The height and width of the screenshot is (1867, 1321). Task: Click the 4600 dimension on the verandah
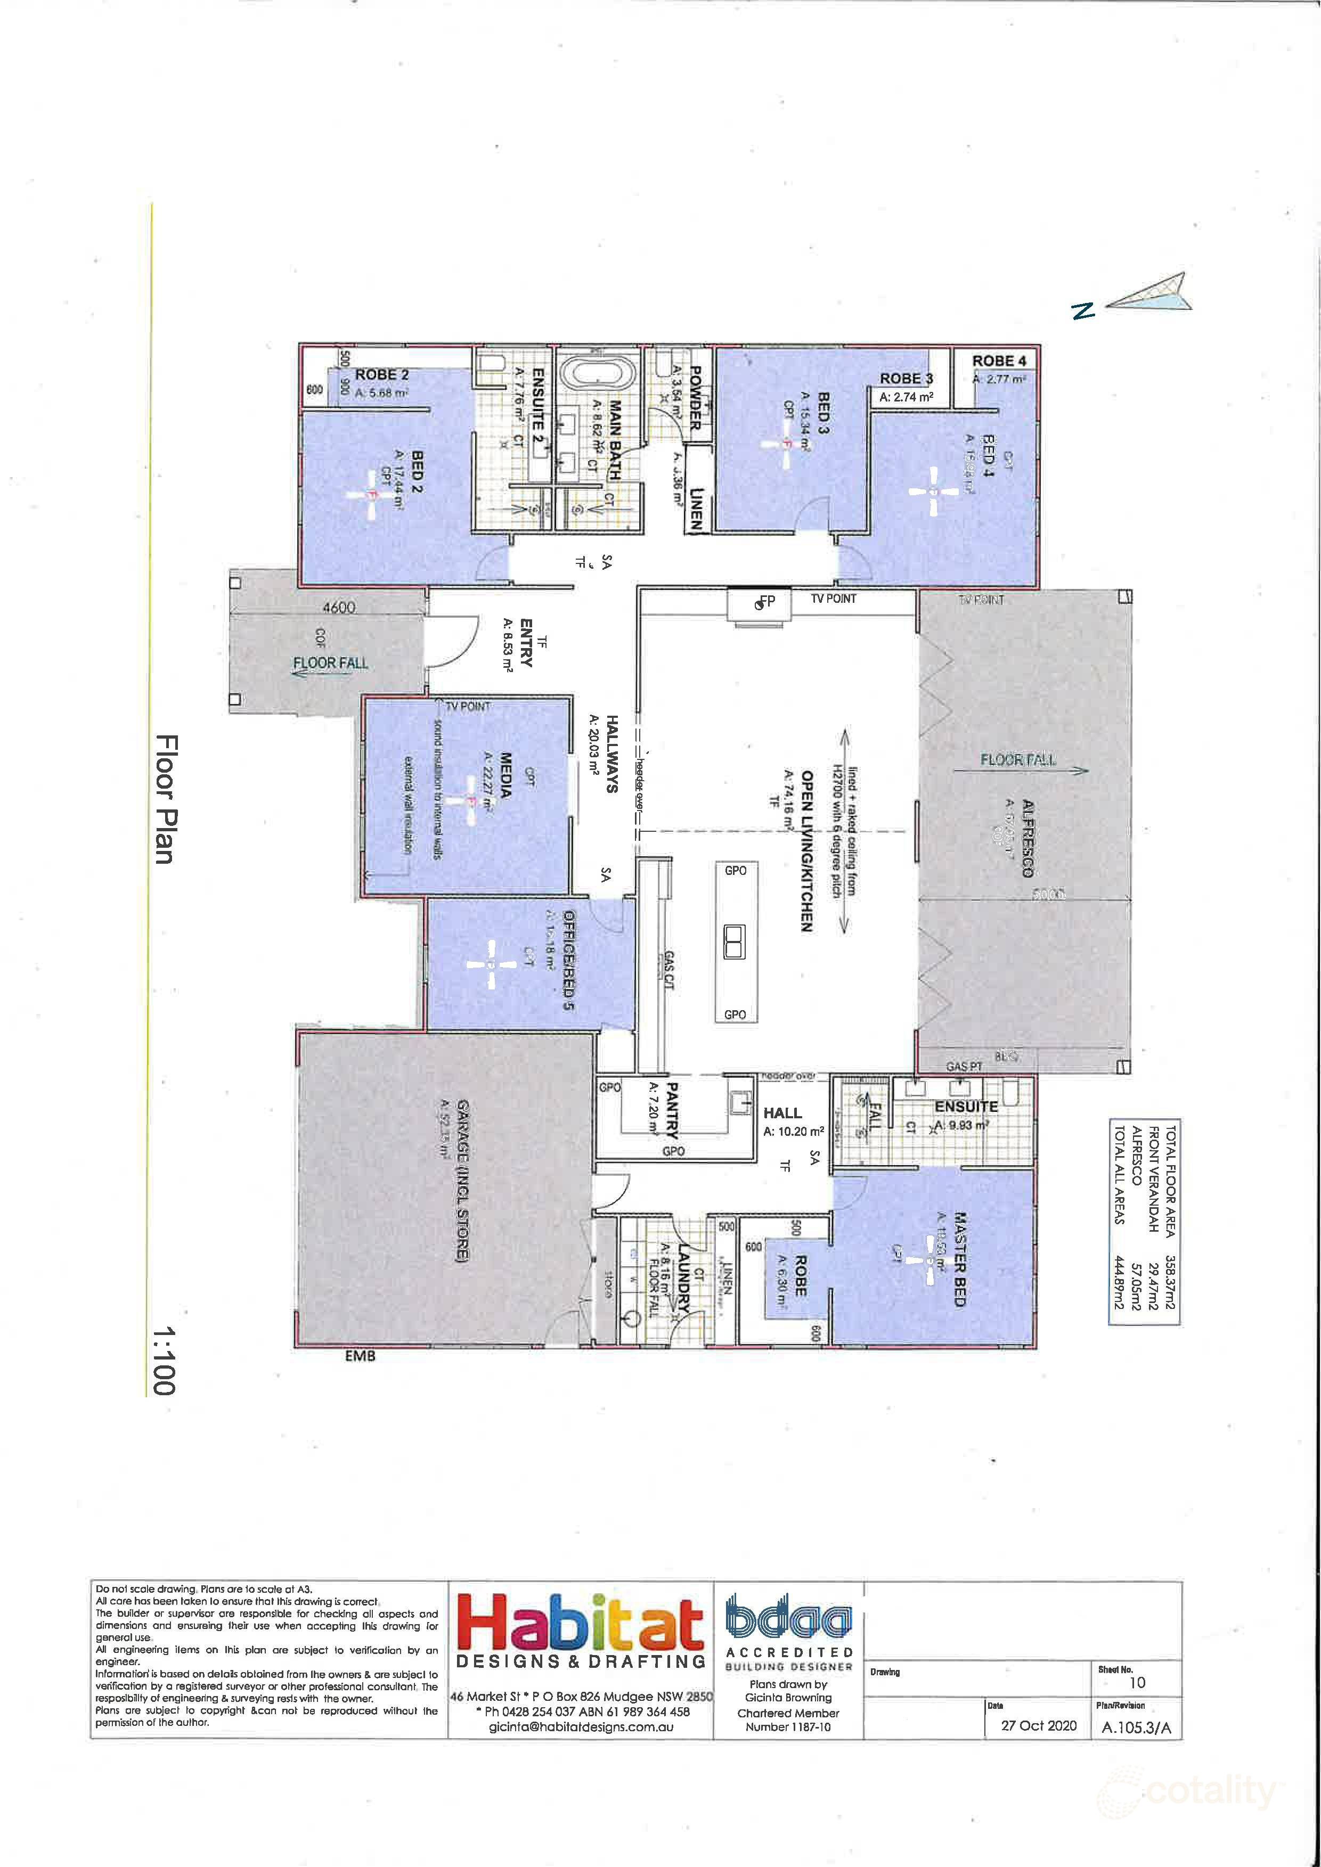pyautogui.click(x=338, y=608)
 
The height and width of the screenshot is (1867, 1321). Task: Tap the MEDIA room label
pyautogui.click(x=505, y=776)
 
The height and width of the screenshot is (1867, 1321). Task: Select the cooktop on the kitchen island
pyautogui.click(x=735, y=943)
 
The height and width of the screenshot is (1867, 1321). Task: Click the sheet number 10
pyautogui.click(x=1137, y=1682)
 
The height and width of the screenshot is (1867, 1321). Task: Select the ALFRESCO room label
pyautogui.click(x=1028, y=838)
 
